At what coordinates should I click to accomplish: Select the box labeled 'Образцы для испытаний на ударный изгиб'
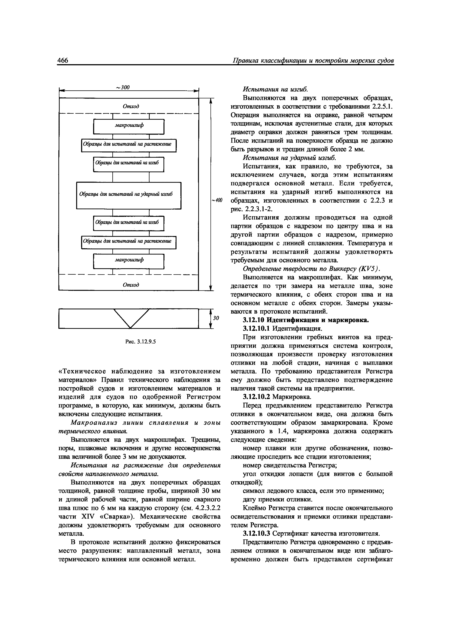click(129, 195)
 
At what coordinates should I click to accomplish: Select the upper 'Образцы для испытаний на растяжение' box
click(129, 145)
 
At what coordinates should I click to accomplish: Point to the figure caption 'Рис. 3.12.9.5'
click(141, 342)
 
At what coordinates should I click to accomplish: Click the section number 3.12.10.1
click(256, 328)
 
